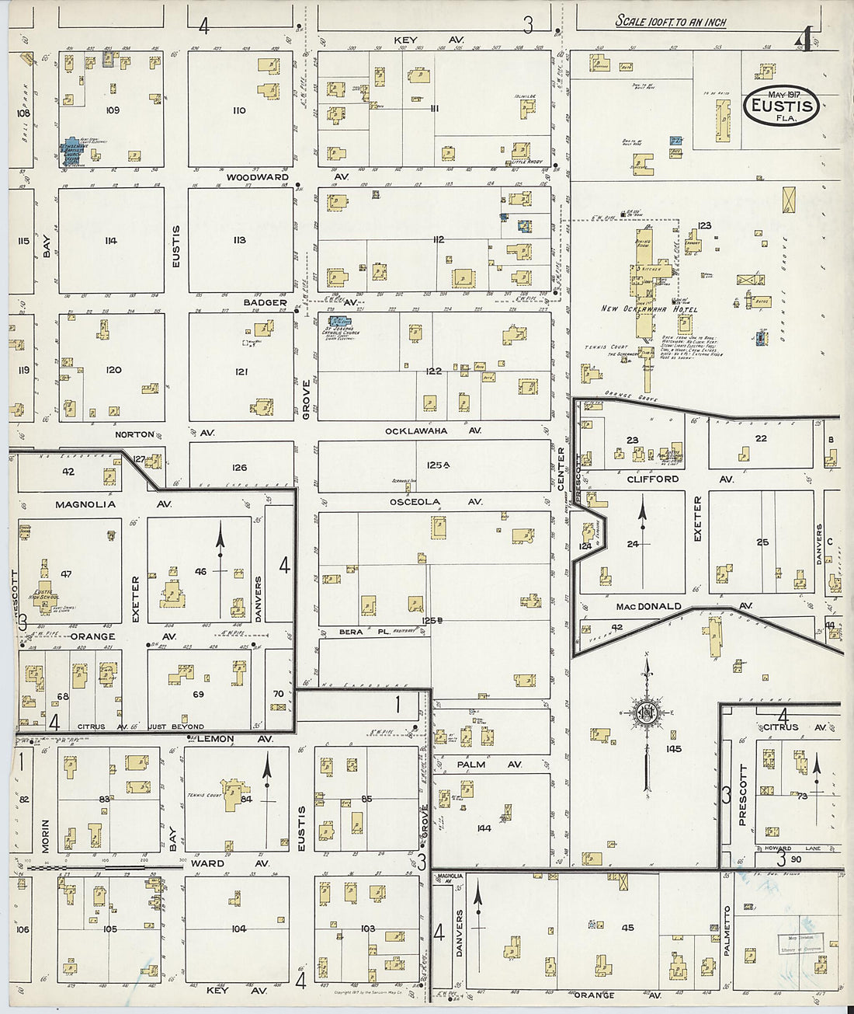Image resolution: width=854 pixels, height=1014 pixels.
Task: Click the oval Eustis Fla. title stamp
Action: pos(782,106)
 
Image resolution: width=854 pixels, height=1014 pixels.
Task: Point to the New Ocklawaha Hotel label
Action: pos(649,309)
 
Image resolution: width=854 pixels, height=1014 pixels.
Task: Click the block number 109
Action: pos(113,110)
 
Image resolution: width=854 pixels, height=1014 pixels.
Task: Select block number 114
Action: pos(111,241)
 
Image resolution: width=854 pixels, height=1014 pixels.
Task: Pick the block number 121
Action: pos(241,372)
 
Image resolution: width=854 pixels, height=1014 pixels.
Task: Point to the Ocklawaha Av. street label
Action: pos(433,430)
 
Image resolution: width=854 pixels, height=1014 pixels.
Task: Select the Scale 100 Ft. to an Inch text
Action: pos(671,22)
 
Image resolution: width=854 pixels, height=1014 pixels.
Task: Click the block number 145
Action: pos(673,749)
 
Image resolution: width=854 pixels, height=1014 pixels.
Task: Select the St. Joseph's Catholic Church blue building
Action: pos(339,320)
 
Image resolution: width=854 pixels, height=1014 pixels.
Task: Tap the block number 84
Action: pos(246,799)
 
